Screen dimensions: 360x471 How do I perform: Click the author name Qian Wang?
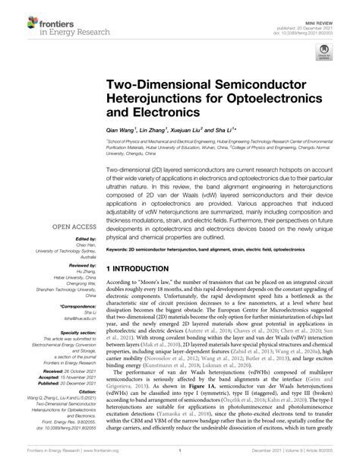pyautogui.click(x=120, y=130)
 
